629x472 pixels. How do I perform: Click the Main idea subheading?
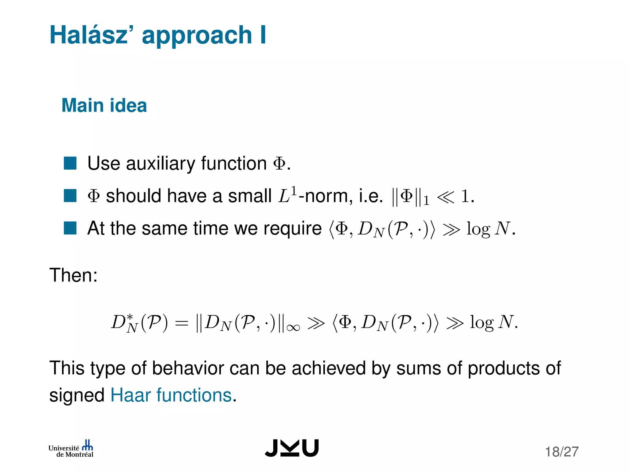[x=104, y=105]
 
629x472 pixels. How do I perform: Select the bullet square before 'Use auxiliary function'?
[x=70, y=163]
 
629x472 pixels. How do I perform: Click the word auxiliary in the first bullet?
[x=160, y=163]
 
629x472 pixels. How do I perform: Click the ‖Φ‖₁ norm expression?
[x=410, y=197]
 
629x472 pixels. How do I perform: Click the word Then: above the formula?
[x=73, y=275]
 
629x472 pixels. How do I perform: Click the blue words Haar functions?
[x=171, y=395]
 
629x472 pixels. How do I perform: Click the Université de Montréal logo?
[x=71, y=449]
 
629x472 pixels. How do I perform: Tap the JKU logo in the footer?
[x=292, y=448]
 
